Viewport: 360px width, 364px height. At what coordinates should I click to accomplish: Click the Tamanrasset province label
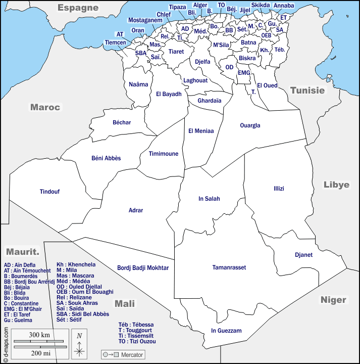click(x=229, y=267)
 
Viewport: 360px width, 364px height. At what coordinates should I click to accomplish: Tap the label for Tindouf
click(x=49, y=192)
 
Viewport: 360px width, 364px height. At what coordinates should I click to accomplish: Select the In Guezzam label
click(x=226, y=331)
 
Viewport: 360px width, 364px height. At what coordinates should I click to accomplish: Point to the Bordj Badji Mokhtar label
click(x=143, y=268)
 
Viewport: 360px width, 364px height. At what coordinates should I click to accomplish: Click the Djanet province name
click(x=304, y=255)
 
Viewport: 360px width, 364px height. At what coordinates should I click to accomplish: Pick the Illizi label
click(x=279, y=189)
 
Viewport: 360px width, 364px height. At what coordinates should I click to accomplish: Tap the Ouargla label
click(x=250, y=125)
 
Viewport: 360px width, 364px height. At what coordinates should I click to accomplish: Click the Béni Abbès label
click(x=106, y=158)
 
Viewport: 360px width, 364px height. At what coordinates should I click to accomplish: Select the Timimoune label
click(x=164, y=154)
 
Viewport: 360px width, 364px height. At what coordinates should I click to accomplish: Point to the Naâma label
click(x=138, y=84)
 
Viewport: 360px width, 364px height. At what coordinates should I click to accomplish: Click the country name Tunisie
click(x=307, y=90)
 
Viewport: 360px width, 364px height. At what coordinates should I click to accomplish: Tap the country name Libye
click(x=336, y=185)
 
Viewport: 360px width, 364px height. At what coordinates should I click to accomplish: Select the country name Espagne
click(x=78, y=8)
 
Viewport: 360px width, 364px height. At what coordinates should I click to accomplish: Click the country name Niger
click(x=333, y=300)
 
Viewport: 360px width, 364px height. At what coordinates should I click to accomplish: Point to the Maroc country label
click(x=45, y=107)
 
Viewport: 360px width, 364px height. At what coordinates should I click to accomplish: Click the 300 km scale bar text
click(x=38, y=335)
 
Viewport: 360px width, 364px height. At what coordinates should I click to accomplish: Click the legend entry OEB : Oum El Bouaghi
click(x=85, y=292)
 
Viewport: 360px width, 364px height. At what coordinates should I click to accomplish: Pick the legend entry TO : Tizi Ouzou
click(x=137, y=341)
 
